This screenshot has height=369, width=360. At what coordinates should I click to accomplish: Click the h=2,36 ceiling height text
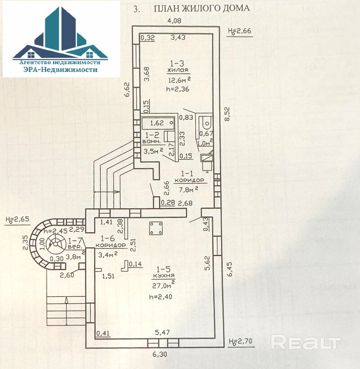(178, 89)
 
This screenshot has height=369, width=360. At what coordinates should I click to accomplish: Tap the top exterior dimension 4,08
(174, 20)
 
